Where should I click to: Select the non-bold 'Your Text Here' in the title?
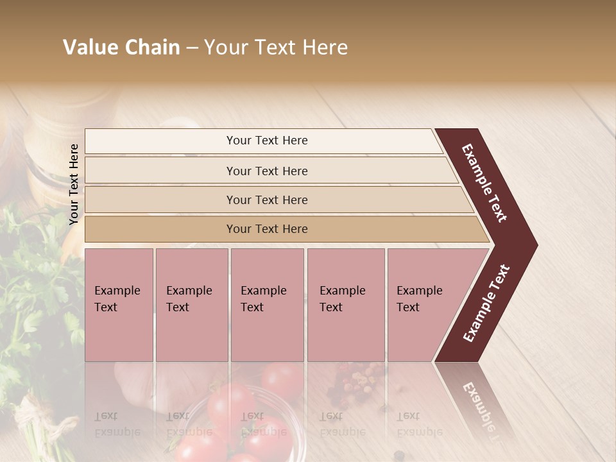pos(276,47)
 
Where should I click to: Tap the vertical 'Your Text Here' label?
pos(74,184)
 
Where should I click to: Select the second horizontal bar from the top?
pos(266,171)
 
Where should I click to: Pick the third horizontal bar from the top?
pos(266,200)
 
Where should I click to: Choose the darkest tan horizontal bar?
pos(266,229)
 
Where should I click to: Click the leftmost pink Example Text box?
pos(119,305)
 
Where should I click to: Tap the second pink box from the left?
pos(192,305)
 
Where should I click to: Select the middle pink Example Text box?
pos(267,305)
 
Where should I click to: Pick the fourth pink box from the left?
pos(346,305)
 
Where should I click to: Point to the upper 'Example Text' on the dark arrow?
pos(484,183)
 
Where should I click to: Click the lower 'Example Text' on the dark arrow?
pos(486,304)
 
